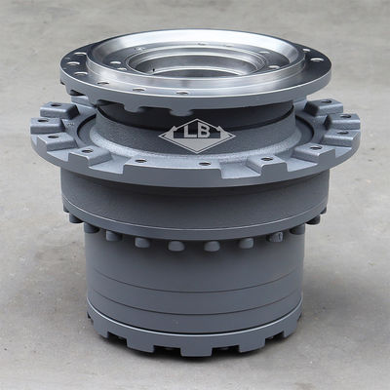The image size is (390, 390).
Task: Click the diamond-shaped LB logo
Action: coord(197,136)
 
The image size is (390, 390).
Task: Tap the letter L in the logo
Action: coord(188,131)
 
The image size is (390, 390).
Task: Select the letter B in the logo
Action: coord(204,131)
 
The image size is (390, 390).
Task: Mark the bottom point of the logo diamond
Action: coord(196,153)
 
